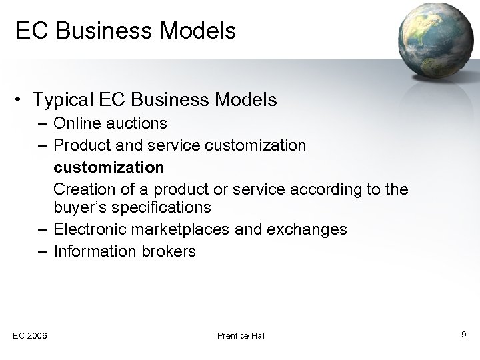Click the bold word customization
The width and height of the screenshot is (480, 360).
click(x=109, y=166)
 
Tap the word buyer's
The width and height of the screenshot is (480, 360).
click(x=79, y=207)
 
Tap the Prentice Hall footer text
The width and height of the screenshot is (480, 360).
click(x=241, y=335)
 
